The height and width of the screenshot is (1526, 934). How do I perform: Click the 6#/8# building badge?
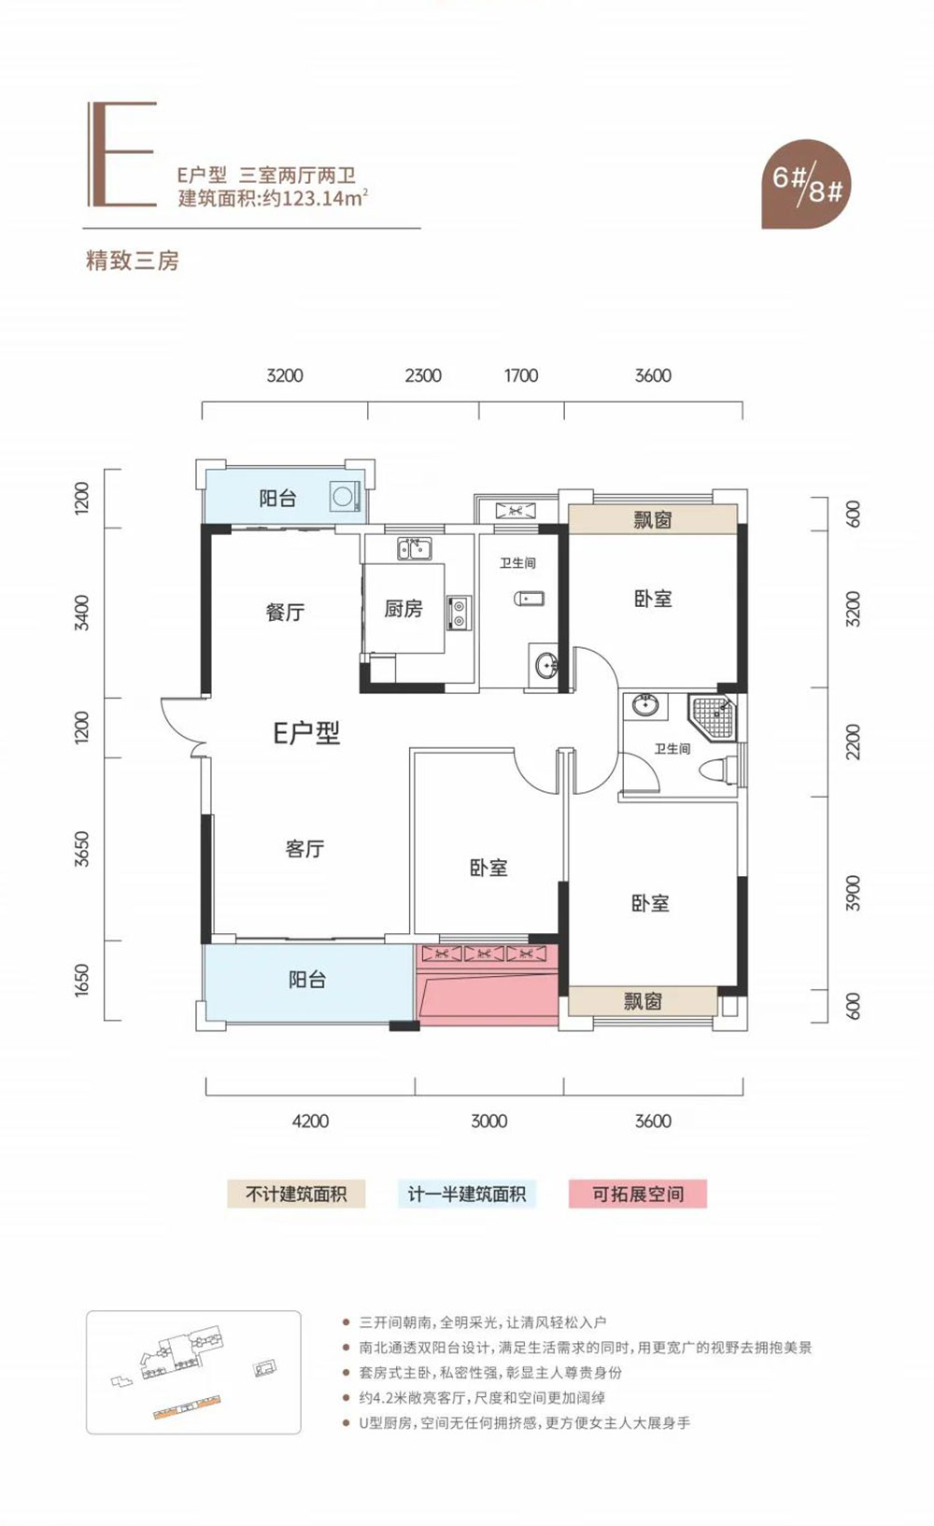click(x=806, y=184)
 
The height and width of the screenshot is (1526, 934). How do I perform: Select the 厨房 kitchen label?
click(x=403, y=609)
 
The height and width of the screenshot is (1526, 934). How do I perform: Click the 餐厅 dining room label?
click(x=285, y=612)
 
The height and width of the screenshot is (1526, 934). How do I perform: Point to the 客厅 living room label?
click(x=304, y=849)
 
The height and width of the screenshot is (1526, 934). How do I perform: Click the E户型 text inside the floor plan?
click(x=306, y=733)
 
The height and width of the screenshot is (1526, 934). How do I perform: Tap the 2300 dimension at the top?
click(x=423, y=375)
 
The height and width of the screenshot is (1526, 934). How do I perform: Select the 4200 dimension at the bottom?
click(x=310, y=1121)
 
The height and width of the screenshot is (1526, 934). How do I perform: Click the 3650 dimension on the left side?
click(x=83, y=849)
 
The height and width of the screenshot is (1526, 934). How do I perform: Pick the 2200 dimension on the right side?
click(x=852, y=742)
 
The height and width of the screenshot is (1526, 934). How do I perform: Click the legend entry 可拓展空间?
click(x=638, y=1194)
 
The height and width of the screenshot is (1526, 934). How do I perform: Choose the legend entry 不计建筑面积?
click(x=296, y=1194)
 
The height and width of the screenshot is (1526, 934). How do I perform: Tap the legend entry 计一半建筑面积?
click(x=466, y=1194)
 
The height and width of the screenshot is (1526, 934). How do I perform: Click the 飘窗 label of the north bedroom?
click(x=652, y=520)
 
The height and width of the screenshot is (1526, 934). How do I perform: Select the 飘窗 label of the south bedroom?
click(x=642, y=1001)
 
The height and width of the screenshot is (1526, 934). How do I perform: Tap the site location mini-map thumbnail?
click(x=193, y=1372)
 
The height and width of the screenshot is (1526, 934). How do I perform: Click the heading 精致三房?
click(x=132, y=261)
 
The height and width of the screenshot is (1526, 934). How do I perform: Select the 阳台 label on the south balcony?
click(x=307, y=980)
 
